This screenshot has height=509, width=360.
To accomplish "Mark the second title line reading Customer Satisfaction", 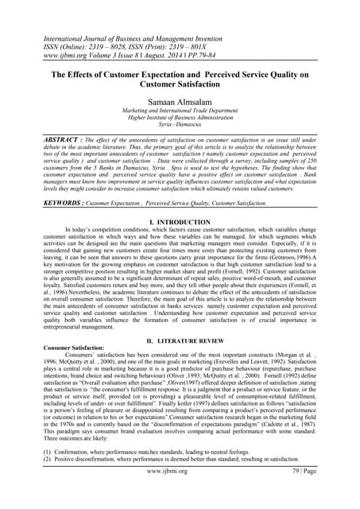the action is [x=180, y=84].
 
